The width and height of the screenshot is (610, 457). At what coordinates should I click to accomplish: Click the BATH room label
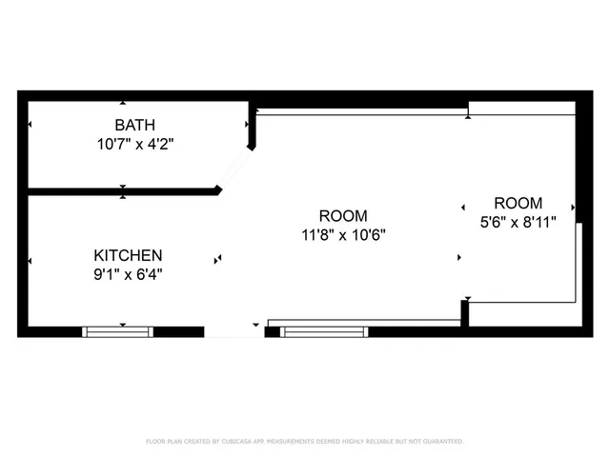[x=134, y=125]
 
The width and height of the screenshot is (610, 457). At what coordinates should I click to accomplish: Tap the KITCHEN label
[x=128, y=255]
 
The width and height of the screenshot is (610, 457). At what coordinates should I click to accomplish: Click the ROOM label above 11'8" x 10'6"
[x=343, y=216]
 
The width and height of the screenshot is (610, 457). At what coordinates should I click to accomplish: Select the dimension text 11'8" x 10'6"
[x=343, y=234]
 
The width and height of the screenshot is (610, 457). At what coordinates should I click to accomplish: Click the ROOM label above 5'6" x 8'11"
[x=518, y=203]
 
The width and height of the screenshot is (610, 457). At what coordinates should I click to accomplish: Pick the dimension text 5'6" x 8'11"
[x=518, y=221]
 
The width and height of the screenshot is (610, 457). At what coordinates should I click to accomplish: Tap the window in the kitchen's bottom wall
[x=117, y=331]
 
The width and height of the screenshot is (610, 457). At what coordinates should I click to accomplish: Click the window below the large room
[x=324, y=331]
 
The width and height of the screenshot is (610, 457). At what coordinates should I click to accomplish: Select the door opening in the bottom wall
[x=234, y=331]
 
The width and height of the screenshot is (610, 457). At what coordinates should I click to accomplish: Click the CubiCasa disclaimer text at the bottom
[x=305, y=442]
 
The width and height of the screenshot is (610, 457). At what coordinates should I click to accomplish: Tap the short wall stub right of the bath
[x=253, y=129]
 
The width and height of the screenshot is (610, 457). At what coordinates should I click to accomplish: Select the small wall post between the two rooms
[x=465, y=312]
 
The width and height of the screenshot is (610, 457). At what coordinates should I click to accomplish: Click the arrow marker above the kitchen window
[x=122, y=325]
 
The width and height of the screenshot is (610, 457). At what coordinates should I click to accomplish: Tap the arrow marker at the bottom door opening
[x=255, y=325]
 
